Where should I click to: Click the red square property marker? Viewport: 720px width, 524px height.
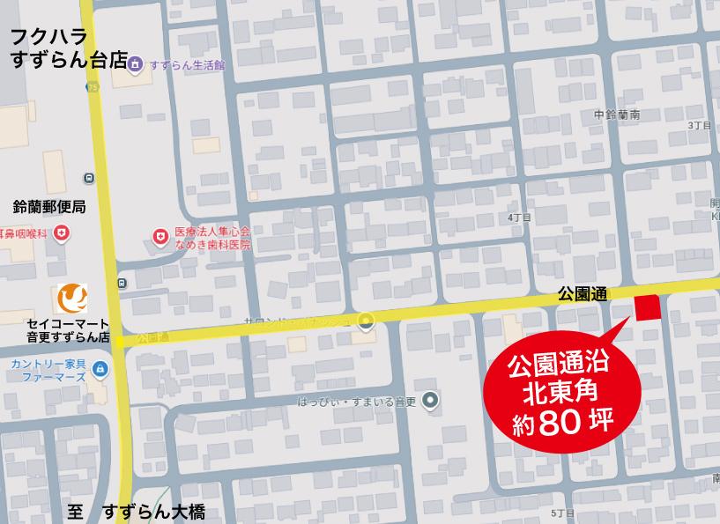point(648,307)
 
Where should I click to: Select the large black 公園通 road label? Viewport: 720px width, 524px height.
point(582,295)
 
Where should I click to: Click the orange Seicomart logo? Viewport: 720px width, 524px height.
point(71,299)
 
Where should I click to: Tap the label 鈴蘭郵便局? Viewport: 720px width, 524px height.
point(49,208)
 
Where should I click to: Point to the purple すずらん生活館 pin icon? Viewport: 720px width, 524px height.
point(135,64)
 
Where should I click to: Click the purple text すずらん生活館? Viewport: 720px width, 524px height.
point(187,65)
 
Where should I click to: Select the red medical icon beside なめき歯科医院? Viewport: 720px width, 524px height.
point(160,236)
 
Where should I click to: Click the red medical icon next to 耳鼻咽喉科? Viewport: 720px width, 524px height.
point(61,233)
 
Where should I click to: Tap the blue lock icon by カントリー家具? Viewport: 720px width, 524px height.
point(99,368)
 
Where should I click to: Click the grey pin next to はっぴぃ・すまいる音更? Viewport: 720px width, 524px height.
point(430,401)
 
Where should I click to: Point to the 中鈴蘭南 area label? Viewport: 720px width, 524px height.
point(617,114)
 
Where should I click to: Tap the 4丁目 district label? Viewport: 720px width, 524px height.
point(520,217)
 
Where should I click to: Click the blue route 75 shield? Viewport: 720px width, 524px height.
point(93,86)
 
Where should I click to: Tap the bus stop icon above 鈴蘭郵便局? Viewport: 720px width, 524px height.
point(89,178)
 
